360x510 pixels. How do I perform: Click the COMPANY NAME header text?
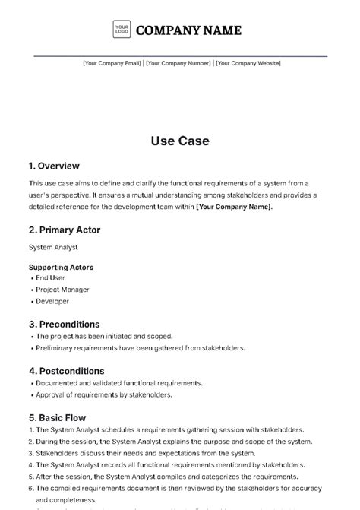coord(188,30)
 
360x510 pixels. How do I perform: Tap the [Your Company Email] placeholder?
coord(112,63)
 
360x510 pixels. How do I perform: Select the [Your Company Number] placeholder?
coord(178,63)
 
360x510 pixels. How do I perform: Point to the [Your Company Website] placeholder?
coord(248,63)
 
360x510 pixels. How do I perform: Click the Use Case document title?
coord(180,141)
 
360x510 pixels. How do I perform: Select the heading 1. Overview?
coord(54,166)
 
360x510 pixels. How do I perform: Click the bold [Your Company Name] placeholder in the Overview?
coord(233,207)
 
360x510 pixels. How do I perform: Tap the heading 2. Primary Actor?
coord(65,230)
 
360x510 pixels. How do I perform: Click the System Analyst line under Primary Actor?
coord(53,247)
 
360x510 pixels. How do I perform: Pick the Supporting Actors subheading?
coord(62,268)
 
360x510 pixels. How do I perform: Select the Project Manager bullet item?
coord(62,290)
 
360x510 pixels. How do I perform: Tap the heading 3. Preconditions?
coord(65,324)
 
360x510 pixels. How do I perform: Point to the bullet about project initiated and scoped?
coord(105,336)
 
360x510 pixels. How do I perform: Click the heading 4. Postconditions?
coord(68,371)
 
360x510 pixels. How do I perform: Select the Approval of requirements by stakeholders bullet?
coord(105,394)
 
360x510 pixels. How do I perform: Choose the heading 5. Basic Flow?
coord(57,417)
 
